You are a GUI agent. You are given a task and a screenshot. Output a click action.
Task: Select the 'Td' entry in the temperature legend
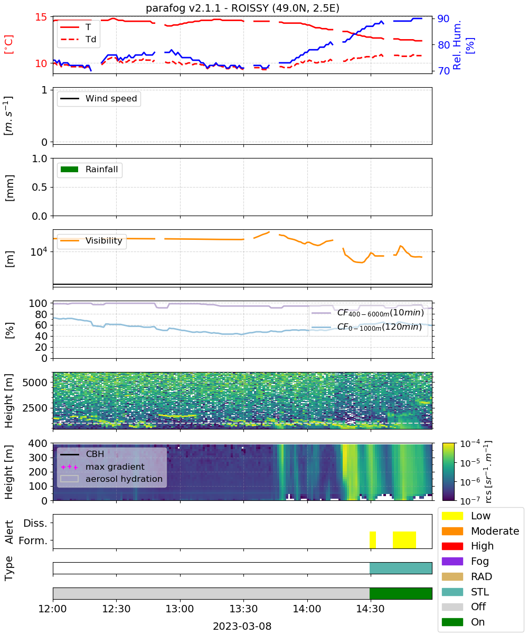point(78,39)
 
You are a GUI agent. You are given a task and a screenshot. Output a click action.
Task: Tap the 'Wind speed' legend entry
point(99,98)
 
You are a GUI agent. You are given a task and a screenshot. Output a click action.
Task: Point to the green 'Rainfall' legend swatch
point(70,169)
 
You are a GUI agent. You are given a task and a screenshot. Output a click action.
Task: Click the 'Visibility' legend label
point(103,240)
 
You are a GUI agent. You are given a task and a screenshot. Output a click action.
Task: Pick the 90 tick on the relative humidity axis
point(443,18)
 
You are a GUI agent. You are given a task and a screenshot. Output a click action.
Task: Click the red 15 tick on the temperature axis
point(41,17)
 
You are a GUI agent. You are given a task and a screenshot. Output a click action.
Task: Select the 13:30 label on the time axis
point(243,608)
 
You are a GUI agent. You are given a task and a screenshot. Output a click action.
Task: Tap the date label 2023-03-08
point(242,626)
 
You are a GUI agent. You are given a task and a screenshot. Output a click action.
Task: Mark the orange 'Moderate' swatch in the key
point(452,531)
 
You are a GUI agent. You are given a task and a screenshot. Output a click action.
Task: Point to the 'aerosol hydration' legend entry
point(111,479)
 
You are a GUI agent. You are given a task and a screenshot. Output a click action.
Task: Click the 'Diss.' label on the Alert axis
point(35,523)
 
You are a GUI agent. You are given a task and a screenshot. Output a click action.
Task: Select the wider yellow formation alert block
point(404,539)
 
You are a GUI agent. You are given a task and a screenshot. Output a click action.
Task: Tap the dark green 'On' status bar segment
point(401,593)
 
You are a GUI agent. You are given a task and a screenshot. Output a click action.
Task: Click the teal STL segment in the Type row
point(401,568)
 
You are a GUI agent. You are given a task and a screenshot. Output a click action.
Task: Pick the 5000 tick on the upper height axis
point(35,383)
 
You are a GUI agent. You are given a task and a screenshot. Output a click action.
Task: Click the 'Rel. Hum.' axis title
point(456,45)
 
